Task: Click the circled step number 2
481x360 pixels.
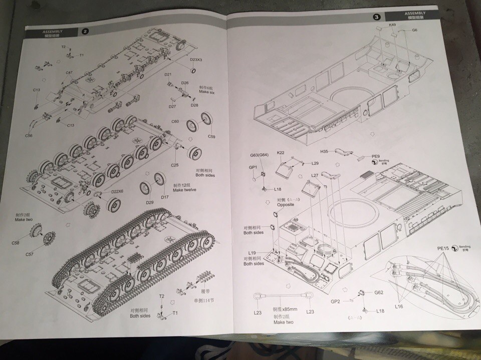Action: tap(85, 31)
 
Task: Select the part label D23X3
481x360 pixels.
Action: tap(196, 60)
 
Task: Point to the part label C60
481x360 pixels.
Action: tap(175, 122)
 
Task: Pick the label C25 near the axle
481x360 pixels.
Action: tap(175, 165)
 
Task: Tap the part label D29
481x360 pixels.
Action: tap(149, 202)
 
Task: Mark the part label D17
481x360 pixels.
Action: tap(164, 197)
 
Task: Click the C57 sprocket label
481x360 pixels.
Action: tap(30, 254)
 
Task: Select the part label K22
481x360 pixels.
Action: tap(281, 153)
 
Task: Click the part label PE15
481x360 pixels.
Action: tap(442, 248)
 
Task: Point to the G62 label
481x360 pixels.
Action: tap(378, 292)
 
